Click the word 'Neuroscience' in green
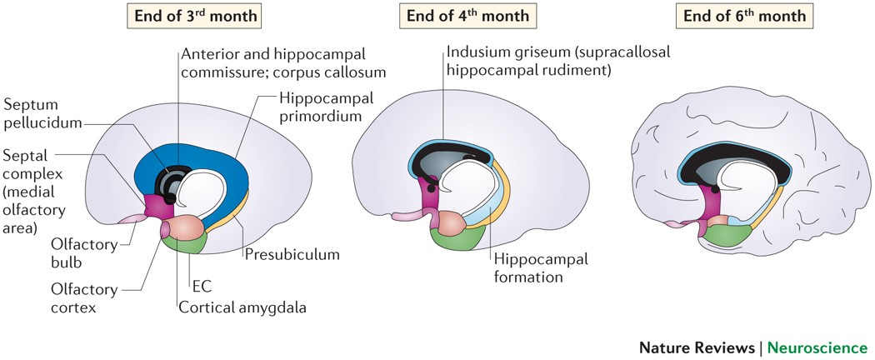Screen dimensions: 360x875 (x=817, y=347)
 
